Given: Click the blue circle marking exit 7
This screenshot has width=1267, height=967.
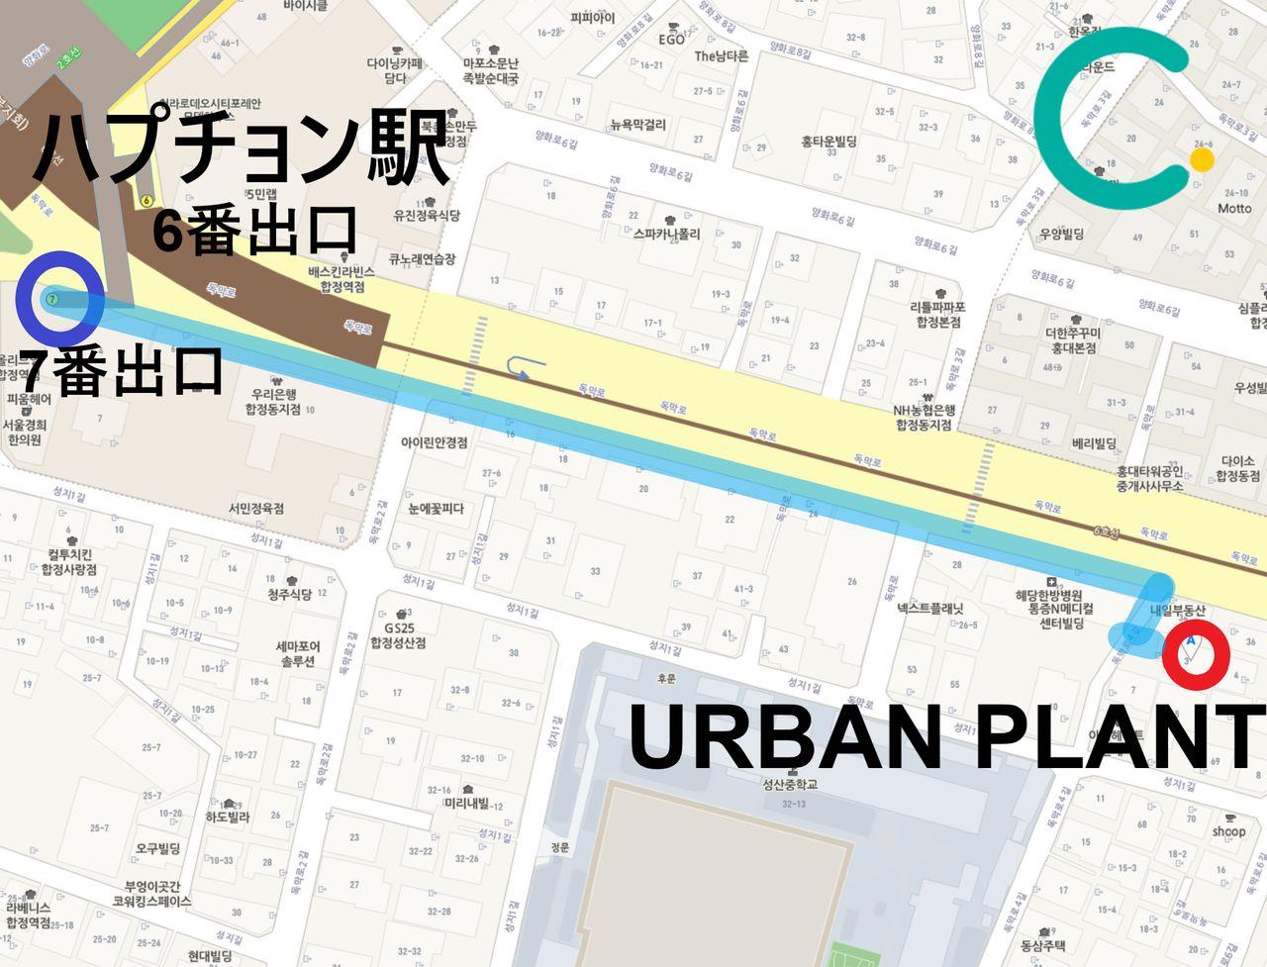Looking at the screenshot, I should (60, 294).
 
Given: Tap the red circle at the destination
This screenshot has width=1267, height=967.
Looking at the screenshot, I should (1195, 653).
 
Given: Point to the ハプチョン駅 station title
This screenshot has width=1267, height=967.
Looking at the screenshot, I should (243, 148).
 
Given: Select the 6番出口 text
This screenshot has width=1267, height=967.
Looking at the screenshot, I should (254, 231).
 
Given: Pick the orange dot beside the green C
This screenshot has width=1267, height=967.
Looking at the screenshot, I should (1202, 160).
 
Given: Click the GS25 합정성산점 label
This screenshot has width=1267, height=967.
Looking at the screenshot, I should (398, 634).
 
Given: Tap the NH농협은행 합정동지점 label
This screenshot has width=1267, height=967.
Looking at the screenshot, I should (924, 418).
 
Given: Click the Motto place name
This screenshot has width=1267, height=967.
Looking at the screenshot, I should (1234, 209).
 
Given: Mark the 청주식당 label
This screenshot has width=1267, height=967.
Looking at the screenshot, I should (289, 594).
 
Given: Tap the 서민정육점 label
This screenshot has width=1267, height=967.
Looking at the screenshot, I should (255, 508).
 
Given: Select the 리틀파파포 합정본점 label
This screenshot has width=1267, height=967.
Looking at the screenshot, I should (937, 314).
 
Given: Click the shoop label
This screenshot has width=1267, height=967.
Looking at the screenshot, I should (1228, 830).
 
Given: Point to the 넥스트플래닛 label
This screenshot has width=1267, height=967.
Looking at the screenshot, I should (929, 609).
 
